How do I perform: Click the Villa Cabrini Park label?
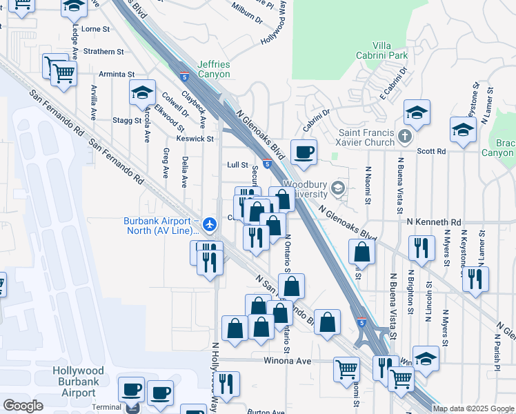coord(390,50)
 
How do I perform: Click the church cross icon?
coord(405,137)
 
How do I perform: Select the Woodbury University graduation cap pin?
coord(338,187)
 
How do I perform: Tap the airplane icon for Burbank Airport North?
coord(211,222)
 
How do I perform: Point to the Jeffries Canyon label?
coord(214,69)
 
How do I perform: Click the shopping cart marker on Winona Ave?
coord(346,368)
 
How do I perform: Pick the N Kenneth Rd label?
coord(434,222)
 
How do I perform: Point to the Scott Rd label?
coord(432,150)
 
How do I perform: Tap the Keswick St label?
coord(195,139)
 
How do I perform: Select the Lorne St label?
coord(96,30)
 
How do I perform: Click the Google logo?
coord(23,406)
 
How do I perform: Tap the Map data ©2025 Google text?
coord(473,408)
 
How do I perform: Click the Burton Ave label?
coord(261,411)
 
